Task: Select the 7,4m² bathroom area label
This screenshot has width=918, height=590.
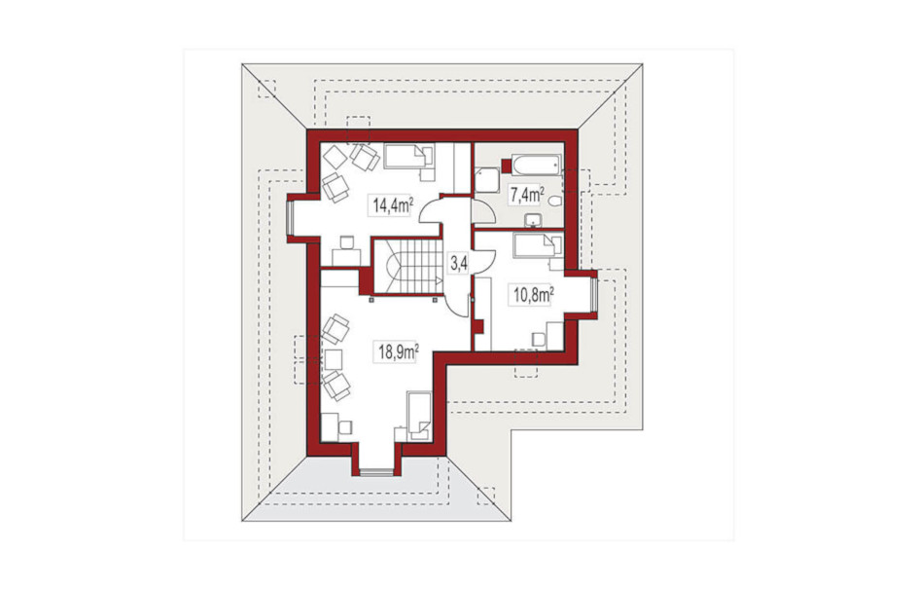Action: [x=526, y=194]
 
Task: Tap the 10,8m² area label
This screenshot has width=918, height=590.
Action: [x=534, y=295]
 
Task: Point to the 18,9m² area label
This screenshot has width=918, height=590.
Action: [x=398, y=352]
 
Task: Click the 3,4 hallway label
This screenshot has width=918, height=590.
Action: [x=458, y=264]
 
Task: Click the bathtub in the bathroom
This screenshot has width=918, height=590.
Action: [x=536, y=165]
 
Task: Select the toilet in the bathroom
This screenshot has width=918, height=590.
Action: [x=555, y=201]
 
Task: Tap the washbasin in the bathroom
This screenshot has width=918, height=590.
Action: [x=533, y=221]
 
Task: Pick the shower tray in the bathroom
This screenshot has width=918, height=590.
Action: [x=486, y=180]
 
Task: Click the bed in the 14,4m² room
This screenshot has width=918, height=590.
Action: [x=408, y=157]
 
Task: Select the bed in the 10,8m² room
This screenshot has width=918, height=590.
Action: [x=538, y=245]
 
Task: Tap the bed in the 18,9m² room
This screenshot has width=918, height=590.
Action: [x=419, y=416]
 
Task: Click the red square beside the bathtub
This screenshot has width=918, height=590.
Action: [x=507, y=166]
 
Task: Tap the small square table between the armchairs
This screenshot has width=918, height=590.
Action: [x=334, y=358]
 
